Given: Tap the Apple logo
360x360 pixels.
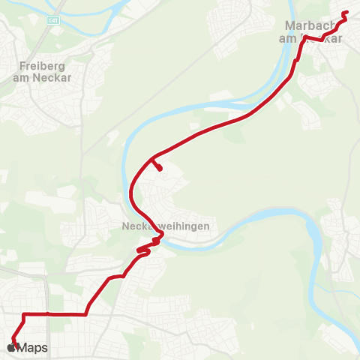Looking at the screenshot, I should tap(10, 347).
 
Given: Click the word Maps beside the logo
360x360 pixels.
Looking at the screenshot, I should tap(32, 348).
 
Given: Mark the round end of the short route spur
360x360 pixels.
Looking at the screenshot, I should tap(160, 169).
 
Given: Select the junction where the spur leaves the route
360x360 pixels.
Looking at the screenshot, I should tap(152, 159).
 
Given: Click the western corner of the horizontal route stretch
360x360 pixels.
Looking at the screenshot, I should tap(25, 313).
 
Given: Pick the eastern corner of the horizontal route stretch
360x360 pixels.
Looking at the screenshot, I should tap(85, 313).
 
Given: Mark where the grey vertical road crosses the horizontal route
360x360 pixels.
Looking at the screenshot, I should tap(47, 313).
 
